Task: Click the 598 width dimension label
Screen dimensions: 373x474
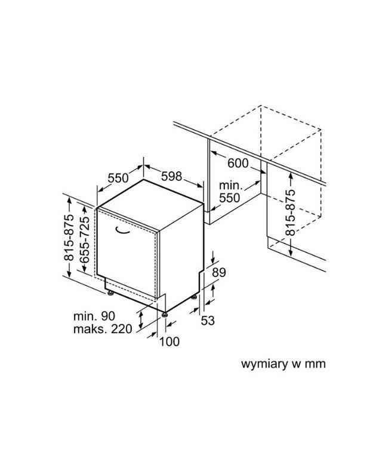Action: click(171, 176)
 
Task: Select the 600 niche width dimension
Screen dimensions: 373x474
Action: click(238, 163)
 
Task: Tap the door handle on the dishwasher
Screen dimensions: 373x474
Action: click(122, 230)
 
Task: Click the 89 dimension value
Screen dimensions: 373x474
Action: click(219, 272)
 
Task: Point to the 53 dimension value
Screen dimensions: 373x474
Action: click(208, 321)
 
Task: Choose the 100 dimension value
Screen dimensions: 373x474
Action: click(169, 341)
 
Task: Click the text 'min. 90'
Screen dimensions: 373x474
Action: click(94, 316)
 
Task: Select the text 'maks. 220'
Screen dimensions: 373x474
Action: click(103, 328)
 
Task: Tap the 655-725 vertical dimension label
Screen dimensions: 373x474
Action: click(85, 239)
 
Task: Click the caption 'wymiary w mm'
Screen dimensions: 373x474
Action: click(283, 364)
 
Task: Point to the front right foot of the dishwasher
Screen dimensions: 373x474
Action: click(165, 315)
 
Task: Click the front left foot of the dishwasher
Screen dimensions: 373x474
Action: click(110, 293)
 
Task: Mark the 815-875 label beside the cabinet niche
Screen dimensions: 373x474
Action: click(290, 213)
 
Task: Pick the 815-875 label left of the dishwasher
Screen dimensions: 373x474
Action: click(69, 238)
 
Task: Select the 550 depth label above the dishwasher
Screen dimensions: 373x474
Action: click(118, 178)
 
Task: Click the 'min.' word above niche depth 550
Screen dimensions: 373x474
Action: click(230, 185)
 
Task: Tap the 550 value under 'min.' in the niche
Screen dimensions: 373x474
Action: click(229, 198)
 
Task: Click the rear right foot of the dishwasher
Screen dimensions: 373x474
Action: click(194, 297)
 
